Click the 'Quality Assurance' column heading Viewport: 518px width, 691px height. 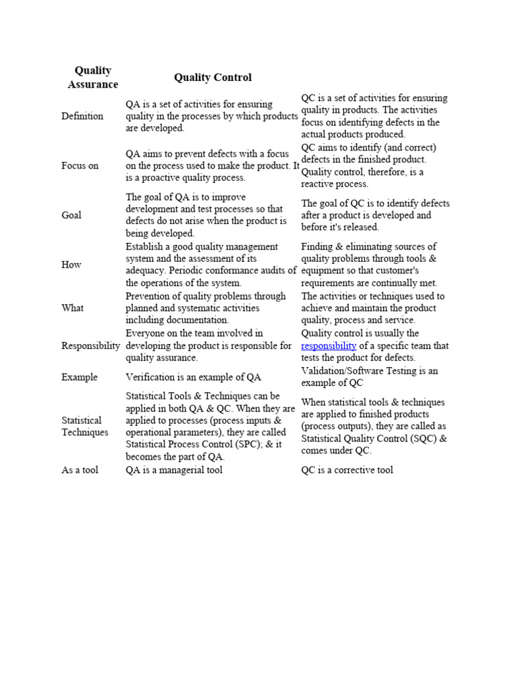[92, 78]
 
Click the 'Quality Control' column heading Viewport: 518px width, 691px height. [212, 78]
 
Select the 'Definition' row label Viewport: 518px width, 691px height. [82, 116]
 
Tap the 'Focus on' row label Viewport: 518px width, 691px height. [80, 165]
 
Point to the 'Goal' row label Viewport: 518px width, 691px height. [71, 215]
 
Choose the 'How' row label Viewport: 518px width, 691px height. [71, 265]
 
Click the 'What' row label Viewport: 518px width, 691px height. [73, 308]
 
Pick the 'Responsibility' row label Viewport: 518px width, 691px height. [91, 345]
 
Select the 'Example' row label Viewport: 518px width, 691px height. [79, 377]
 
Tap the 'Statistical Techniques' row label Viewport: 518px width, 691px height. [84, 426]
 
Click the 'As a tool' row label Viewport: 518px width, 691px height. [80, 470]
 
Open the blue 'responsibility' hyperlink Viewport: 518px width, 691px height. [328, 345]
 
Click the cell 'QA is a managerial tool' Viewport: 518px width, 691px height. [174, 470]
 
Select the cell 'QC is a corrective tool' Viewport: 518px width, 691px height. [347, 470]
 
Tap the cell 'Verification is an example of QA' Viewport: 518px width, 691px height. [193, 377]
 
